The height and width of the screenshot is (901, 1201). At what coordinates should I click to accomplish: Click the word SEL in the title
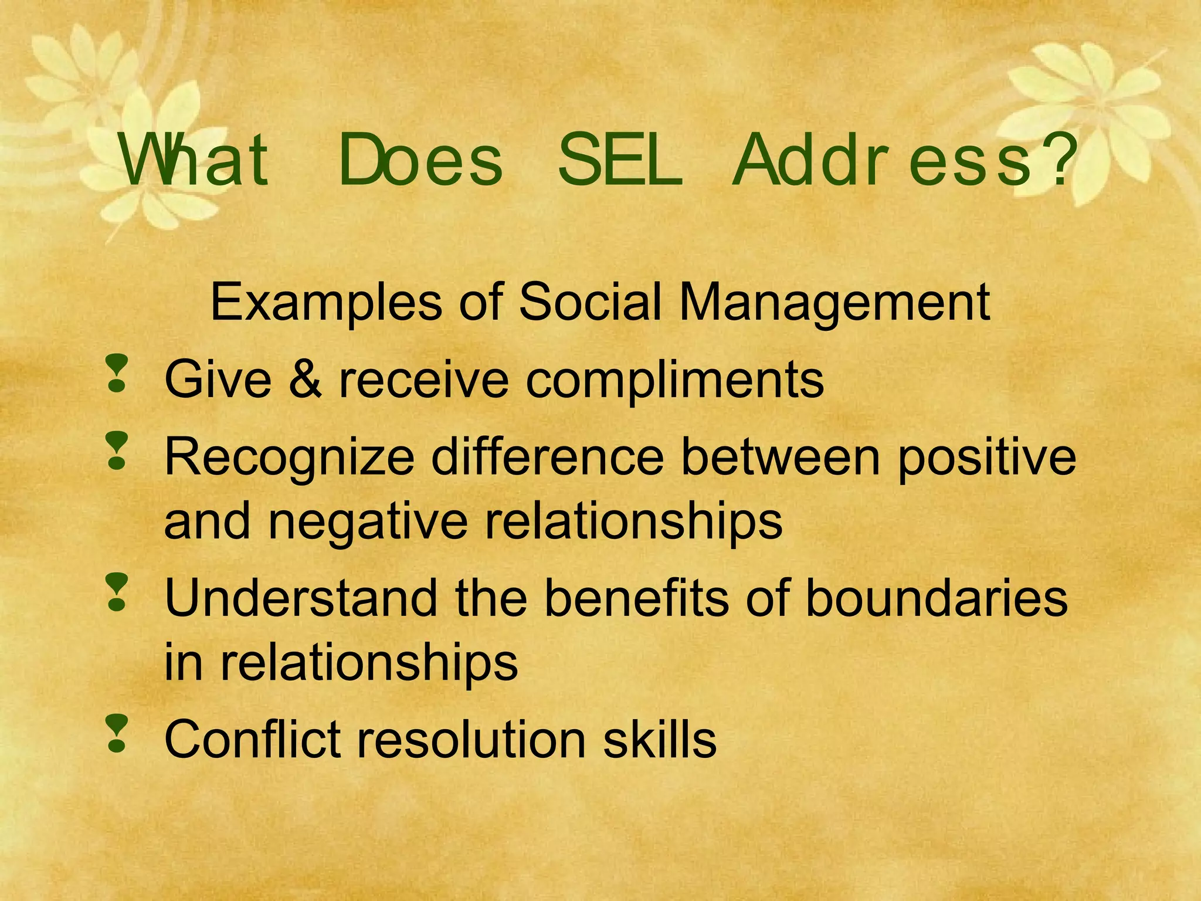pos(620,160)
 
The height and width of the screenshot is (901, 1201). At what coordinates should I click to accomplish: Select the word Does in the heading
pos(420,160)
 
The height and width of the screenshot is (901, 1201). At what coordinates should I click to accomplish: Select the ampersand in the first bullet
pos(305,380)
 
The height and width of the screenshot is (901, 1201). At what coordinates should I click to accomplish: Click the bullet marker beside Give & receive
pos(117,372)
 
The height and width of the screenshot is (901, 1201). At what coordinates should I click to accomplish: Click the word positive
pos(986,458)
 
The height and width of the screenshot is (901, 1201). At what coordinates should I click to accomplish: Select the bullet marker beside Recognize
pos(117,450)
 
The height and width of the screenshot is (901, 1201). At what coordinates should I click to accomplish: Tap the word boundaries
pos(937,598)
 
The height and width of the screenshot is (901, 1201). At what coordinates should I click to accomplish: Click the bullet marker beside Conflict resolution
pos(117,733)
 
